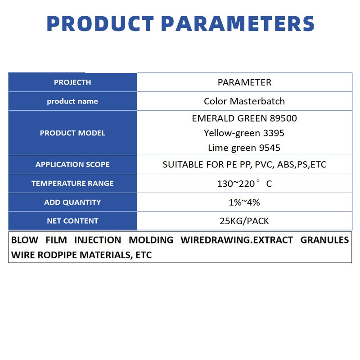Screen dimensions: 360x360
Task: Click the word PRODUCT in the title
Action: (100, 23)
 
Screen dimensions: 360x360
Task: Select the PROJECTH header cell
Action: (72, 82)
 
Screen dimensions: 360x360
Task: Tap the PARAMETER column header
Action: (244, 82)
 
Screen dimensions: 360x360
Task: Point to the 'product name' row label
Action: (72, 101)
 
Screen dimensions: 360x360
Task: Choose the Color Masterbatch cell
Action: (244, 101)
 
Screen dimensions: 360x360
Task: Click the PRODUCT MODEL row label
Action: (72, 133)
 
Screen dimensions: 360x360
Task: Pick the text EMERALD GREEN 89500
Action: (244, 118)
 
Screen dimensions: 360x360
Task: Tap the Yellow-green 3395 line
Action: (244, 133)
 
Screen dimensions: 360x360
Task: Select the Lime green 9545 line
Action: (244, 148)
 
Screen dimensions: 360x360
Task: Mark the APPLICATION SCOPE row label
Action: (72, 165)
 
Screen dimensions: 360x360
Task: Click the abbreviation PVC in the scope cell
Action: (264, 165)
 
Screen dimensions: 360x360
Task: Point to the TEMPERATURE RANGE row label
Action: (72, 184)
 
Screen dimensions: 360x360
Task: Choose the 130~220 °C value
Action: (244, 184)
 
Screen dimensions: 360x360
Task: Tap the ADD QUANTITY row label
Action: (72, 202)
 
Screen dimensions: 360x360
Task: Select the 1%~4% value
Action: (244, 202)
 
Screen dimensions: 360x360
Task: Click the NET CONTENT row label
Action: (72, 221)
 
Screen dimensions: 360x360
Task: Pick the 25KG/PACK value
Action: (244, 221)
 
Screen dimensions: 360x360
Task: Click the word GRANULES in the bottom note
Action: (324, 240)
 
